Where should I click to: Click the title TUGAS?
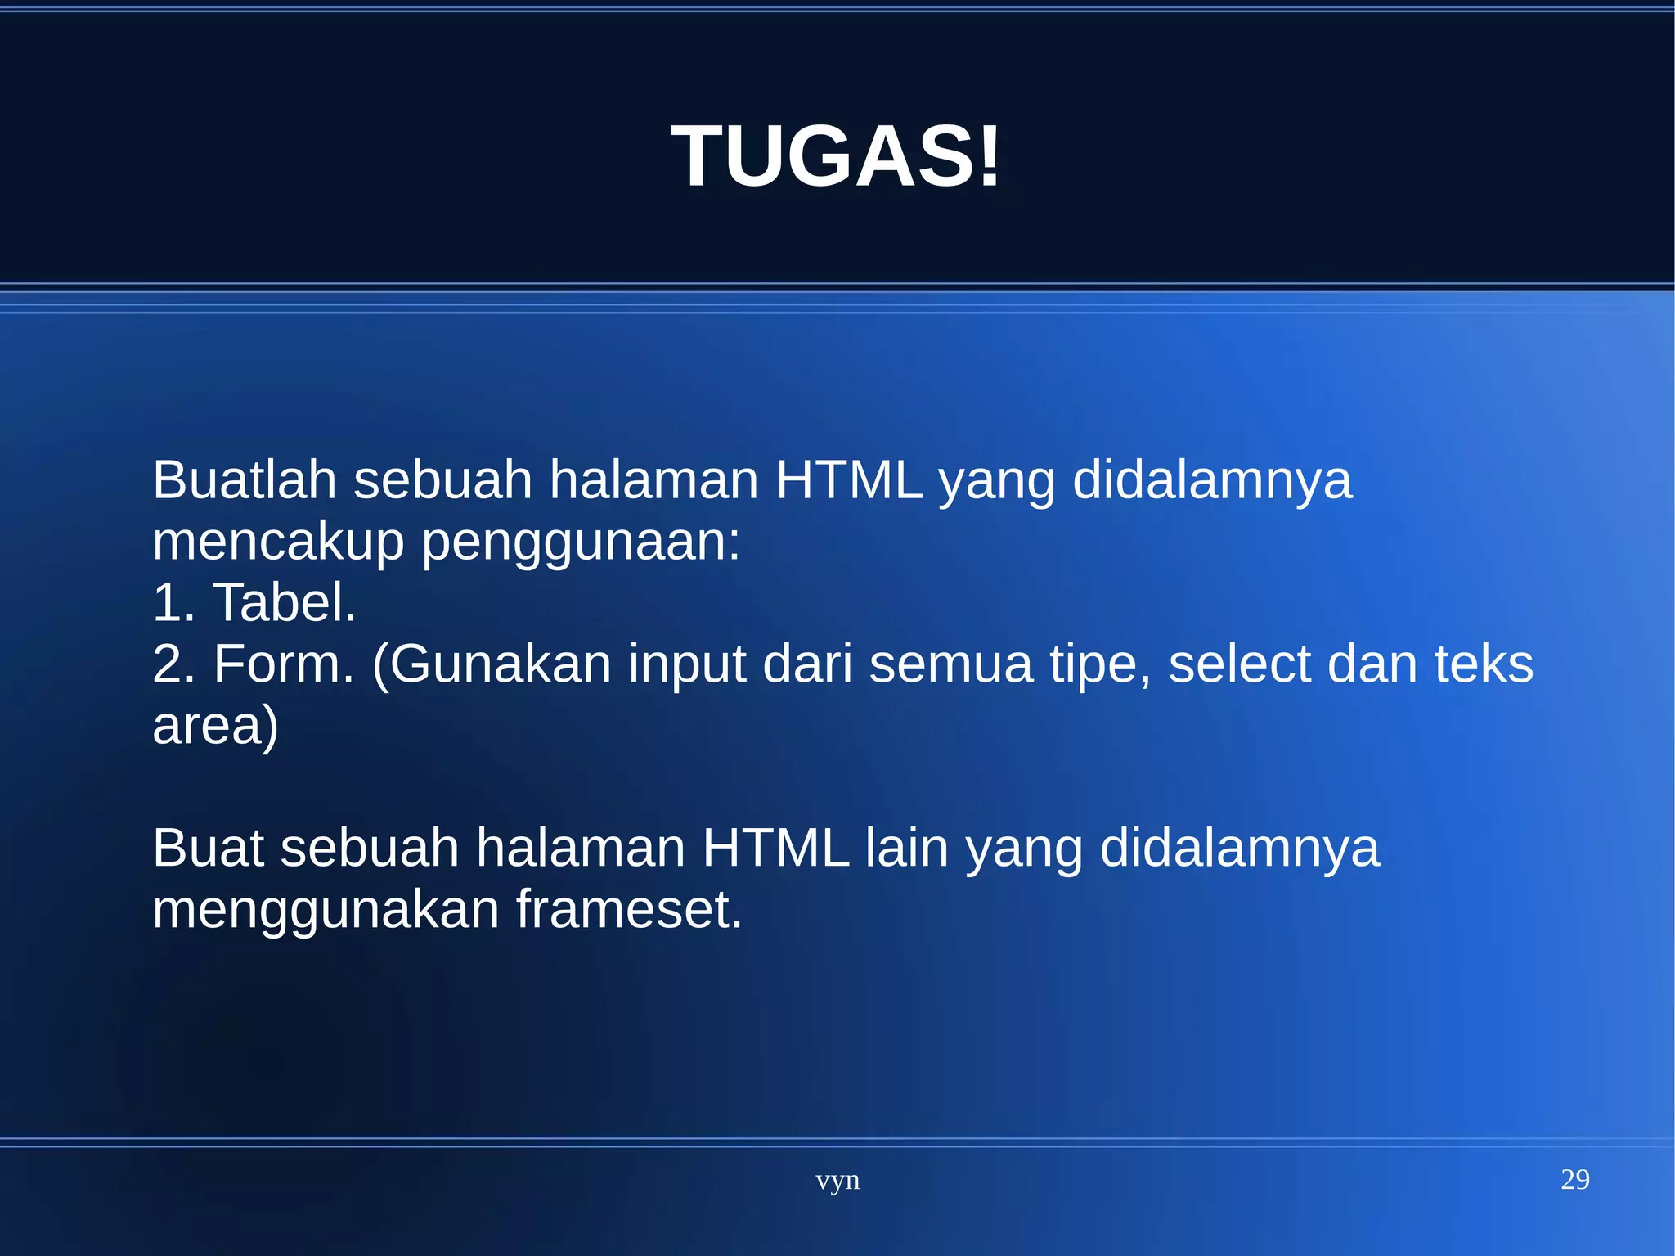point(836,155)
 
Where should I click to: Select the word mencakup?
point(278,542)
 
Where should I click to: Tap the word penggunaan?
point(581,542)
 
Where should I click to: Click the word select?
point(1239,664)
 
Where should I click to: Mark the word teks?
point(1484,664)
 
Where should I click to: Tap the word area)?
point(216,726)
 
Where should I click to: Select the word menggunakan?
point(326,910)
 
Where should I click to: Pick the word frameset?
point(629,910)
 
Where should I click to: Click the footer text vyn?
point(837,1181)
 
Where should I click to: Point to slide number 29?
point(1574,1180)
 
